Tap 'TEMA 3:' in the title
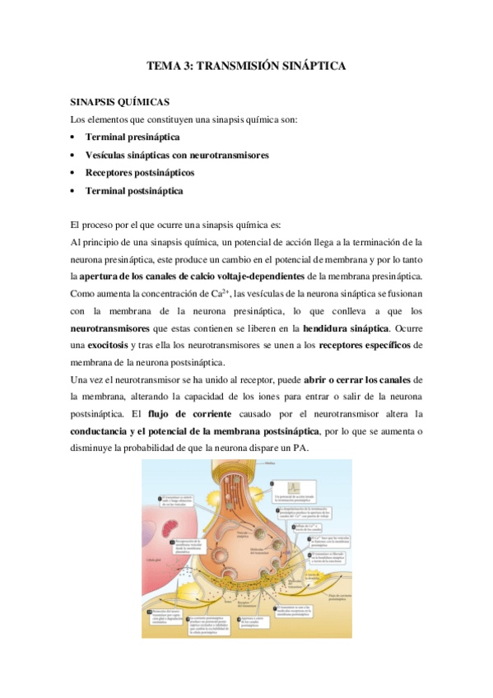tap(168, 64)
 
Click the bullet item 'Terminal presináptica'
tap(133, 137)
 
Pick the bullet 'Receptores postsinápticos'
tap(139, 173)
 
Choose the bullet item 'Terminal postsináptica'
tap(134, 191)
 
